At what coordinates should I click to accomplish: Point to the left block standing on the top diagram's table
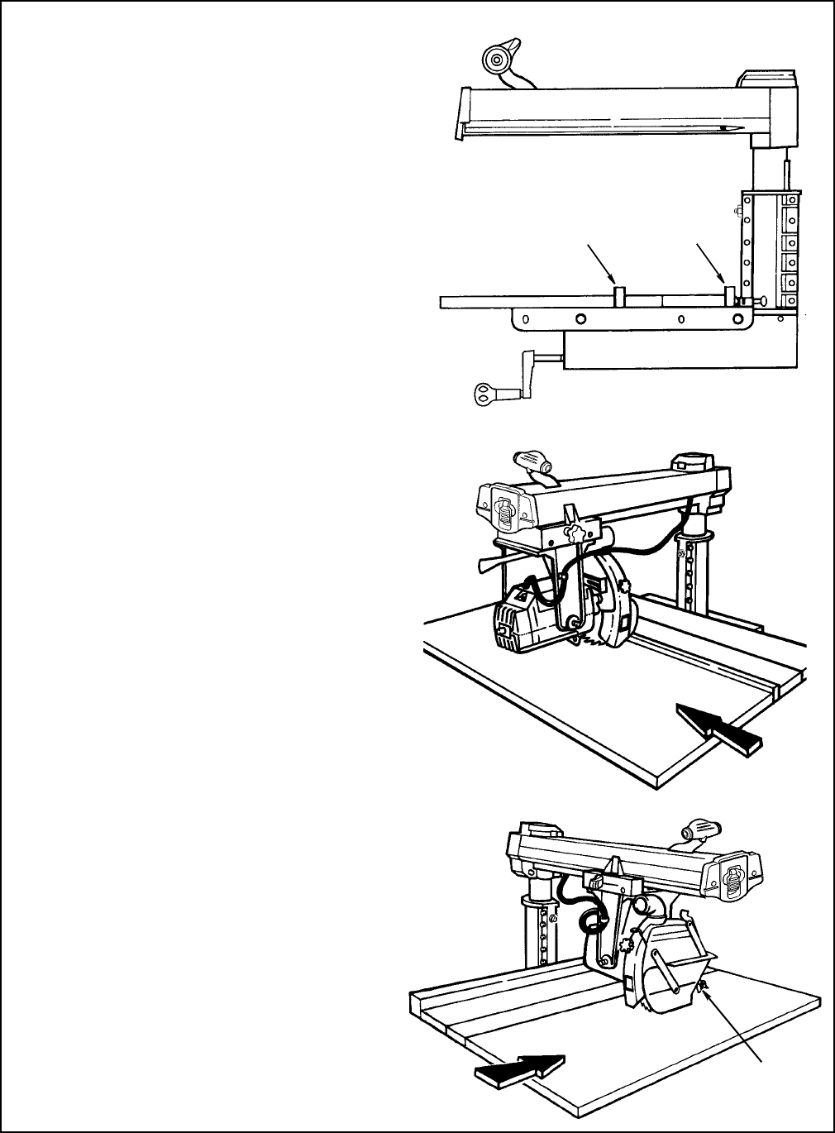click(619, 296)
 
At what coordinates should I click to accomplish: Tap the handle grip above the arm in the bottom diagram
click(701, 829)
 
